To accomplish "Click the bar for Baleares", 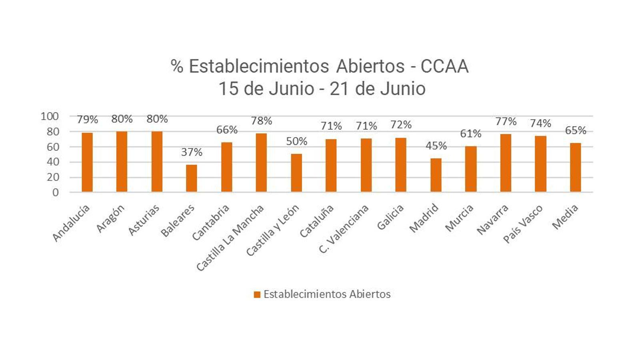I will pyautogui.click(x=192, y=178).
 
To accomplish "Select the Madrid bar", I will pyautogui.click(x=436, y=175).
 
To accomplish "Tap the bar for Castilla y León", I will pyautogui.click(x=296, y=173).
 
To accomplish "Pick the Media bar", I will pyautogui.click(x=575, y=168).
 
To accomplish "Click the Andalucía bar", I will pyautogui.click(x=87, y=162).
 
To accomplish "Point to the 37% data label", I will pyautogui.click(x=192, y=152).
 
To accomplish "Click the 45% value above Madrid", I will pyautogui.click(x=436, y=146).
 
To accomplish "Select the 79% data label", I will pyautogui.click(x=87, y=120).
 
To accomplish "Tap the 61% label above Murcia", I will pyautogui.click(x=471, y=134).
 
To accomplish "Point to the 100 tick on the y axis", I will pyautogui.click(x=50, y=116).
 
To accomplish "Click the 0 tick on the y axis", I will pyautogui.click(x=55, y=192).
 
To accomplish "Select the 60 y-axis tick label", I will pyautogui.click(x=52, y=147).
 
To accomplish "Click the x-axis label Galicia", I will pyautogui.click(x=391, y=217).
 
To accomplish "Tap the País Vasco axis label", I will pyautogui.click(x=523, y=224).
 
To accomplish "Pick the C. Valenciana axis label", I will pyautogui.click(x=344, y=229).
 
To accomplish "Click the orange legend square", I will pyautogui.click(x=257, y=295).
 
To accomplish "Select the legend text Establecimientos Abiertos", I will pyautogui.click(x=327, y=294).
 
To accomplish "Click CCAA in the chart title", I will pyautogui.click(x=444, y=66).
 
